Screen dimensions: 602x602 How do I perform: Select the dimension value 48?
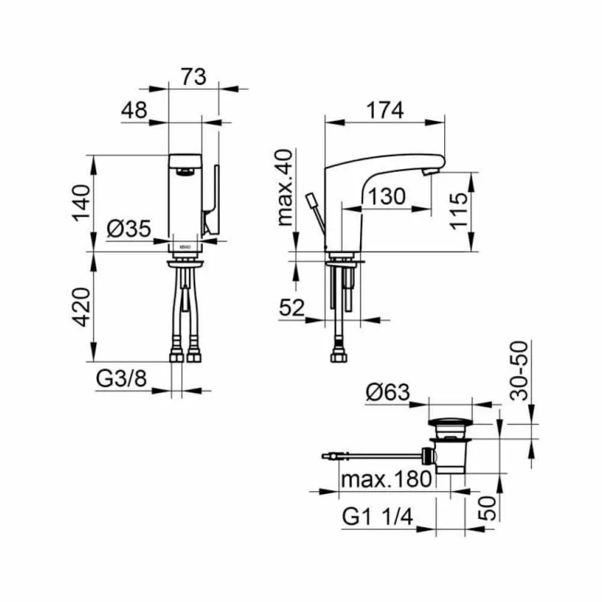[134, 110]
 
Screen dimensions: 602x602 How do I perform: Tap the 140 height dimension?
[81, 202]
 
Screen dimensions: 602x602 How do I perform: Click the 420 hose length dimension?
[81, 306]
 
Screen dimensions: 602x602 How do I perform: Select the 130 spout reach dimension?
[385, 196]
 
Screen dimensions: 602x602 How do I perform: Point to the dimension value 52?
[292, 308]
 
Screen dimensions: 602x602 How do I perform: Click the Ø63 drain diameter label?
[388, 393]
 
